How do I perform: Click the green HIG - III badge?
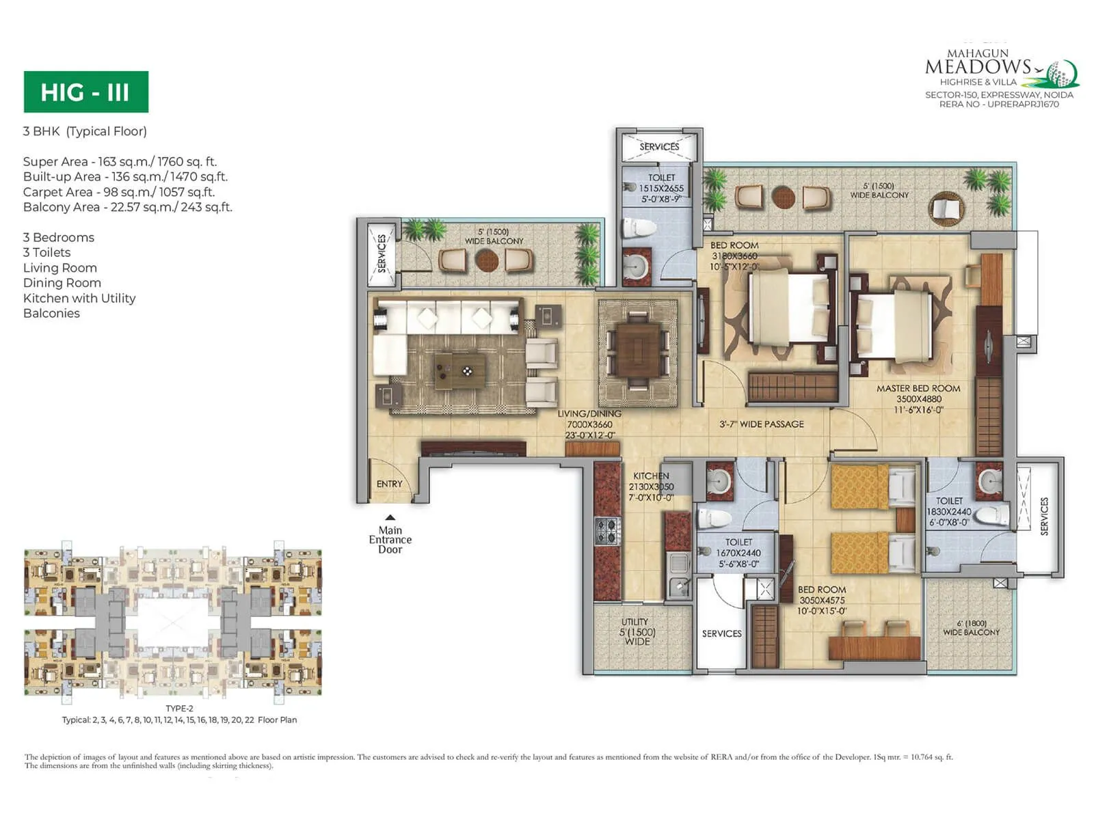pos(85,92)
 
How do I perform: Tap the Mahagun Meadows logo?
pos(1000,68)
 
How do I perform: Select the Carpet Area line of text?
pos(119,192)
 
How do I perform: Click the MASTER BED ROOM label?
pos(918,398)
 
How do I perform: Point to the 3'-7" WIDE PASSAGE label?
pos(761,424)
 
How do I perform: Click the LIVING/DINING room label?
pos(589,424)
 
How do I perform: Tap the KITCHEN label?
pos(651,486)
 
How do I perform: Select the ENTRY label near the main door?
pos(389,484)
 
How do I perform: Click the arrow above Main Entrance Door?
pos(390,517)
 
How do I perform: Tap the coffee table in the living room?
pos(459,370)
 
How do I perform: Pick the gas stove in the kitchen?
pos(606,530)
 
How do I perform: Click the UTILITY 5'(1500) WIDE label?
pos(636,631)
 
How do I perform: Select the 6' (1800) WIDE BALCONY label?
pos(971,627)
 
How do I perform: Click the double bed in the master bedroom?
pos(892,327)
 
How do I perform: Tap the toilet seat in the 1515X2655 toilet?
pos(640,226)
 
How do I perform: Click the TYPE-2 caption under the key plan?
pos(179,708)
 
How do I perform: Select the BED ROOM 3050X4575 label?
pos(821,600)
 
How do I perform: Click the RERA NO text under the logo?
pos(998,105)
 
